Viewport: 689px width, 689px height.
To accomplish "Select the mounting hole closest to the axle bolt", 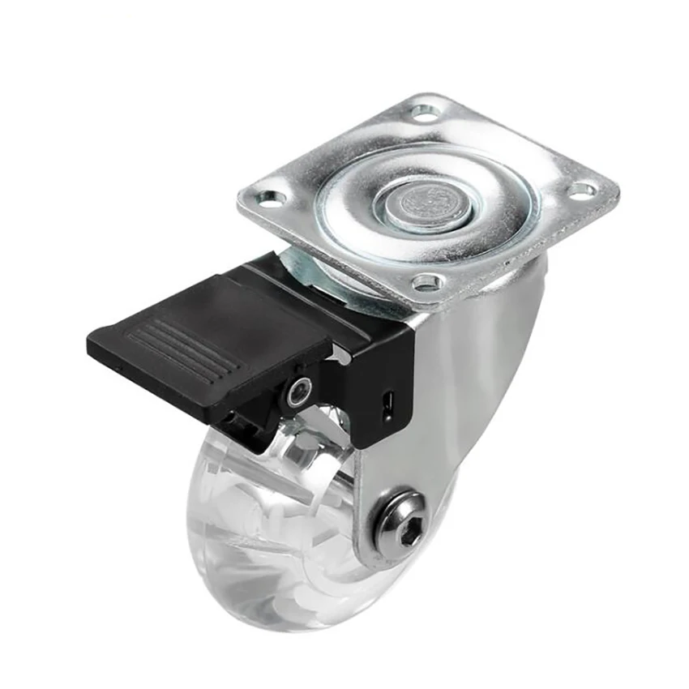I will [428, 282].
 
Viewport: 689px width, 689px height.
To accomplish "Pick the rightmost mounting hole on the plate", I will [582, 190].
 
